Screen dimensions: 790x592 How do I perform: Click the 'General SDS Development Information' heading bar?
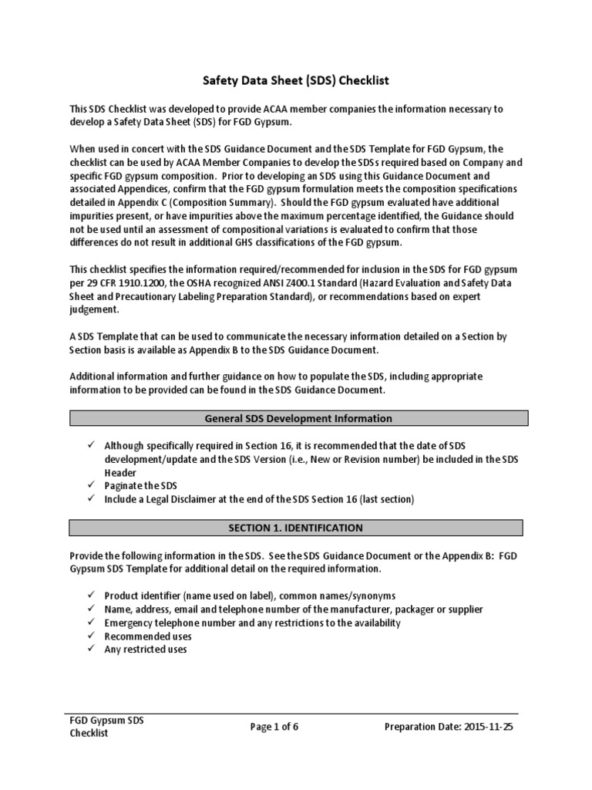pyautogui.click(x=298, y=418)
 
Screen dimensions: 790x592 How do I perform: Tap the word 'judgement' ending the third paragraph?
pyautogui.click(x=94, y=310)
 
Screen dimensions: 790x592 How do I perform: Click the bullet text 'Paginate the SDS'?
pyautogui.click(x=140, y=486)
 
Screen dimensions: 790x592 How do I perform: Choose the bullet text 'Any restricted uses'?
pyautogui.click(x=145, y=650)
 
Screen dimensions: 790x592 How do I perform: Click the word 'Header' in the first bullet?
pyautogui.click(x=120, y=472)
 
